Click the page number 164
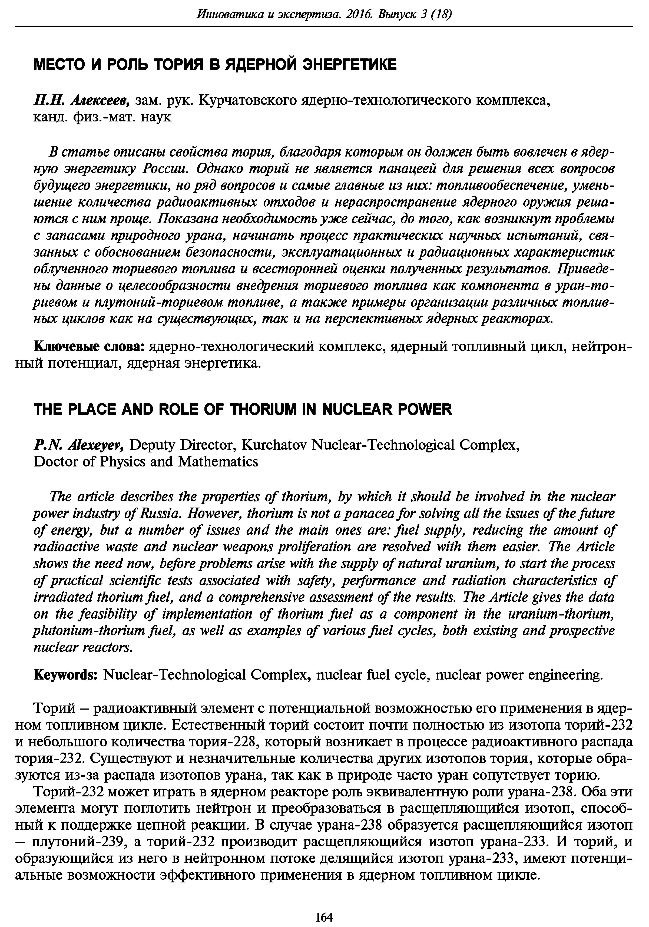coord(324,906)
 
